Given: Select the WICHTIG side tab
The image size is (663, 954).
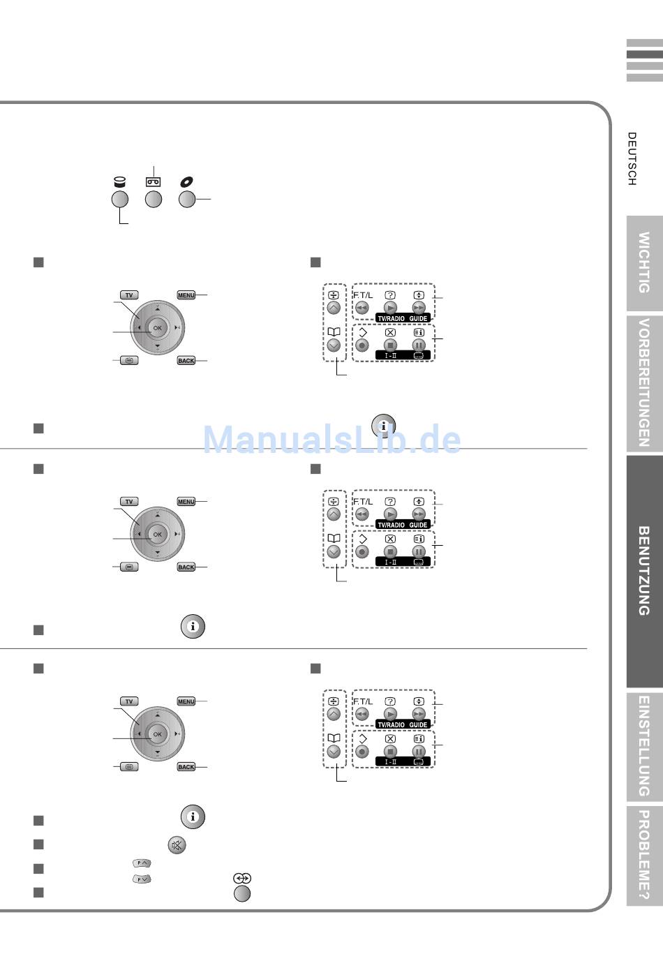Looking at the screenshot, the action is pyautogui.click(x=645, y=263).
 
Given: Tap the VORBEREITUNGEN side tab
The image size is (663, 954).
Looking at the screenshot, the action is pyautogui.click(x=645, y=382).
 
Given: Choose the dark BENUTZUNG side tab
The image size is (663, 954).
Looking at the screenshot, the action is pyautogui.click(x=645, y=571).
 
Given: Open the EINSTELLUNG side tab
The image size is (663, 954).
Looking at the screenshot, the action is pyautogui.click(x=645, y=746).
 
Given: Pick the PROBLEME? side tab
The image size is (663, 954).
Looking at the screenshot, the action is pyautogui.click(x=645, y=856).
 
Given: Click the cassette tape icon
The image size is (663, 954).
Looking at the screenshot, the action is pyautogui.click(x=154, y=182).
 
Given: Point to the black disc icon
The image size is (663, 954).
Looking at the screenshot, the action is pyautogui.click(x=186, y=182).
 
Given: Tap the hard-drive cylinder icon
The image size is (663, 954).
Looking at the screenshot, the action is pyautogui.click(x=119, y=182).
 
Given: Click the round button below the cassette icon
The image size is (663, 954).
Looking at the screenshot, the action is pyautogui.click(x=154, y=200).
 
